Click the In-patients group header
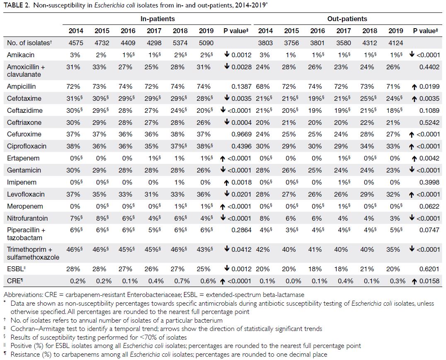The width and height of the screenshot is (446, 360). pyautogui.click(x=158, y=19)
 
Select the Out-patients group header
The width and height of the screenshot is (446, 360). pyautogui.click(x=347, y=19)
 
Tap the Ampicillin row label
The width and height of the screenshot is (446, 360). pyautogui.click(x=24, y=87)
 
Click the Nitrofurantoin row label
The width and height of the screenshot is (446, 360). pyautogui.click(x=27, y=218)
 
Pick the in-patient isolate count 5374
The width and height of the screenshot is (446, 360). pyautogui.click(x=180, y=43)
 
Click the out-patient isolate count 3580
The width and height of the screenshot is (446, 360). pyautogui.click(x=343, y=43)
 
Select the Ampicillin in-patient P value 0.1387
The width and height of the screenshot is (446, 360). pyautogui.click(x=241, y=87)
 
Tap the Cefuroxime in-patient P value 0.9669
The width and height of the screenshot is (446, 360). pyautogui.click(x=241, y=134)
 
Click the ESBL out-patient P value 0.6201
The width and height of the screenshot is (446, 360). pyautogui.click(x=429, y=269)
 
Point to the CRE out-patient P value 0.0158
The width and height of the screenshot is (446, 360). pyautogui.click(x=429, y=281)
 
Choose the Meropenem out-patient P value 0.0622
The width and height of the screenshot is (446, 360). pyautogui.click(x=429, y=206)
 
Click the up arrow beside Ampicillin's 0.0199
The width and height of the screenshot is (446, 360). pyautogui.click(x=414, y=87)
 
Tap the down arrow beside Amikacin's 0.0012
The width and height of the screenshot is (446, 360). pyautogui.click(x=227, y=54)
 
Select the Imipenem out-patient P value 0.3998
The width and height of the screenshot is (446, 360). pyautogui.click(x=429, y=182)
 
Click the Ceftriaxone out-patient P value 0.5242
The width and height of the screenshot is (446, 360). pyautogui.click(x=429, y=122)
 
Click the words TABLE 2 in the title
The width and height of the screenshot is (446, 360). pyautogui.click(x=17, y=6)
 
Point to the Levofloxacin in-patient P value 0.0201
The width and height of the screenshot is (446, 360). pyautogui.click(x=241, y=195)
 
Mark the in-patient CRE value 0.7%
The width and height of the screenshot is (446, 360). pyautogui.click(x=182, y=281)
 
